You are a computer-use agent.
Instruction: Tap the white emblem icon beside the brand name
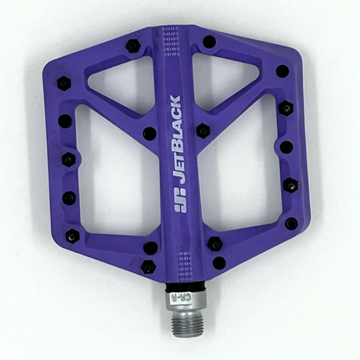(x=180, y=200)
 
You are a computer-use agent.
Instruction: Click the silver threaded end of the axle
(x=185, y=326)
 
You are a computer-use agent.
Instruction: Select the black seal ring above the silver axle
(x=185, y=288)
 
